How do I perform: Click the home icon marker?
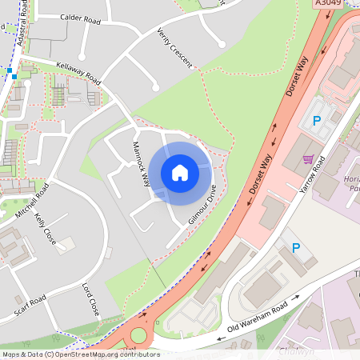coord(180,173)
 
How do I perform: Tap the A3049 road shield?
coord(329,4)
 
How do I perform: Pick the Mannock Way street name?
coord(141,163)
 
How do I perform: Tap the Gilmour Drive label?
coord(202,203)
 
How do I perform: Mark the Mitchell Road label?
coord(32,201)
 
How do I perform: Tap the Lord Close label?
coord(90,298)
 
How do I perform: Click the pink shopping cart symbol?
coord(308,158)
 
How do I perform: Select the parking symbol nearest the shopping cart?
coord(316,122)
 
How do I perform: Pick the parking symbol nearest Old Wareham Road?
coord(295,249)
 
